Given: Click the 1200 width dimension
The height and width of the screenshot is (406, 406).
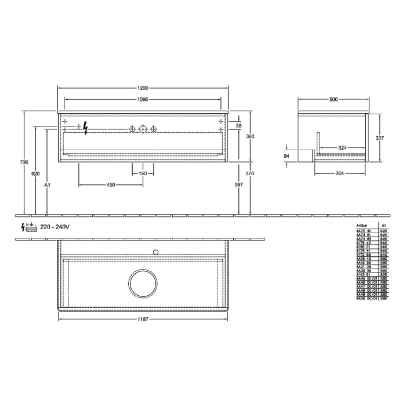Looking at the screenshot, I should click(x=143, y=88).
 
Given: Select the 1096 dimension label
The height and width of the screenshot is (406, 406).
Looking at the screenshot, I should click(x=143, y=100).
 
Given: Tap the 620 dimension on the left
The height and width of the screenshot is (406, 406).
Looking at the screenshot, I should click(x=35, y=173).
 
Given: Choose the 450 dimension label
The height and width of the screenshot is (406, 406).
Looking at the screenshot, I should click(x=111, y=184).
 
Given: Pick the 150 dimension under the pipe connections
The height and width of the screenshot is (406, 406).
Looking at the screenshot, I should click(x=143, y=173).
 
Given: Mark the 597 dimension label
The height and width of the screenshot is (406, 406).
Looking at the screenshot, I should click(x=238, y=184).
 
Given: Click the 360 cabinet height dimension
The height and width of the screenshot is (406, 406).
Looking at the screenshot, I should click(x=250, y=136).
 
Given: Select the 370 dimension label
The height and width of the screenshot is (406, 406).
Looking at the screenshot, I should click(x=250, y=173).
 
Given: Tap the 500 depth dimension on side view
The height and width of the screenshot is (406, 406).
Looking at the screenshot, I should click(x=333, y=100).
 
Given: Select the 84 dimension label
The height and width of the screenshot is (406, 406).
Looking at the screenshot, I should click(x=287, y=155).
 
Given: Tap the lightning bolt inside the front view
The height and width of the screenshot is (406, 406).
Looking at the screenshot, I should click(x=86, y=128).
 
